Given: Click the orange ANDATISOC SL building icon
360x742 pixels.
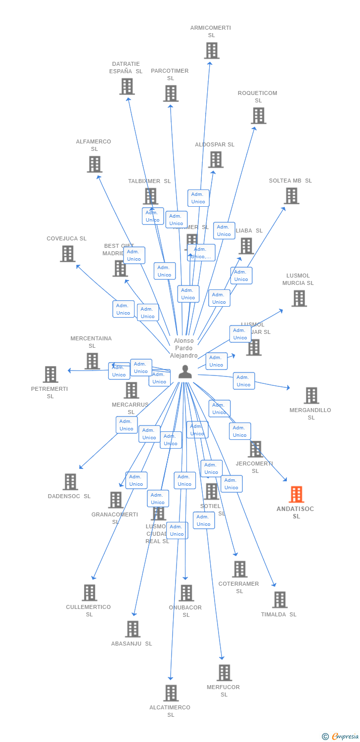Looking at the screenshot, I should pos(296,494).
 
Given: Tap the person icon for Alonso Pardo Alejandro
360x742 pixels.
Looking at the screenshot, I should pos(185,371).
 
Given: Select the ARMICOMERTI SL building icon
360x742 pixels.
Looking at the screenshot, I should pos(212,50).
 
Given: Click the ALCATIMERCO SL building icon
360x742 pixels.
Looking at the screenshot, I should pos(171,693).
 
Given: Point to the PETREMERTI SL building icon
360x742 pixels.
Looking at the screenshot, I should pos(50,374).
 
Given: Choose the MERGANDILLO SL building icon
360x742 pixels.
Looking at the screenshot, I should pos(311,396).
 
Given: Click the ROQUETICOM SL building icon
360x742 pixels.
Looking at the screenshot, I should pos(258,116).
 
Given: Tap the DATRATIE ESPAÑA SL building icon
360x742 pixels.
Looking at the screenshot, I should pos(127,87).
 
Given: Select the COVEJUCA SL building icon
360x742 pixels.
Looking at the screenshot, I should pos(67,254).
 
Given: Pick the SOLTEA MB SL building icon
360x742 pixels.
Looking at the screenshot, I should pos(291,196).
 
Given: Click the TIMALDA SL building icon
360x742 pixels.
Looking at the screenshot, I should pos(279,600).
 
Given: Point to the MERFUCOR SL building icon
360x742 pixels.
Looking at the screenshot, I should pos(224,673).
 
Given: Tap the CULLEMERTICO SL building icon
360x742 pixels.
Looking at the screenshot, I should pos(89,593).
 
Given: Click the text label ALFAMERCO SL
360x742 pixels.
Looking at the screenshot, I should pos(93,145).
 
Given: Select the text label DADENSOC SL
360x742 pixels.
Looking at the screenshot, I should pos(69,496).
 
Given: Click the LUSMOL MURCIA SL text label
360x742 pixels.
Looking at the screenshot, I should pos(298,279).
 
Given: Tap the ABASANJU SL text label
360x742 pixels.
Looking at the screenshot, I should pos(132,644).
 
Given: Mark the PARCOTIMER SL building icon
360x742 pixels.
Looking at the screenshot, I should pos(171,93).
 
